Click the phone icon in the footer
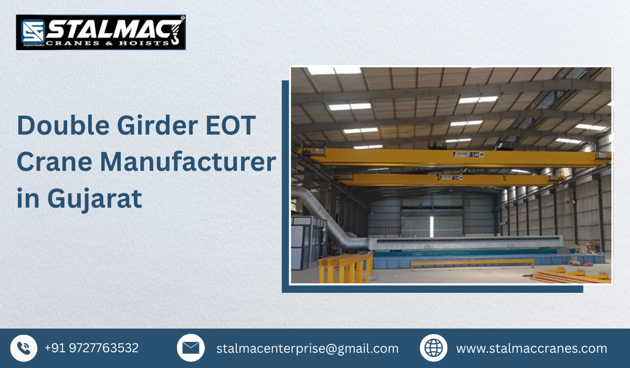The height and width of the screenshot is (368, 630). point(24,348)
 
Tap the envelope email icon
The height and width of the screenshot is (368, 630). point(191,348)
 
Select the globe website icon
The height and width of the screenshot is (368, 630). point(434,348)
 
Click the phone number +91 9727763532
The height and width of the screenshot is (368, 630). point(91,348)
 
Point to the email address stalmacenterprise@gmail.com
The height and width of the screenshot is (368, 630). point(307,349)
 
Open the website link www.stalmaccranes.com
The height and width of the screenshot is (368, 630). point(531,349)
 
